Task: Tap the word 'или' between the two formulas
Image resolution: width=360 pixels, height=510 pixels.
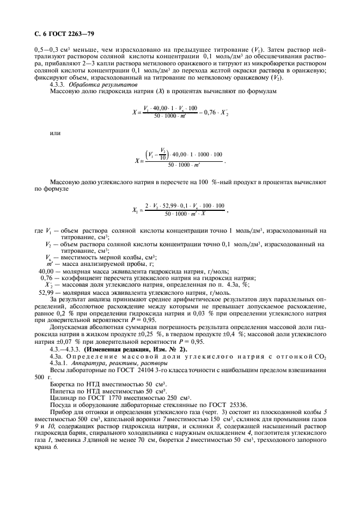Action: tap(55, 133)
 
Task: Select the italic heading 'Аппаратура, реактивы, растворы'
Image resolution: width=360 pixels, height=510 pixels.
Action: tap(112, 363)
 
